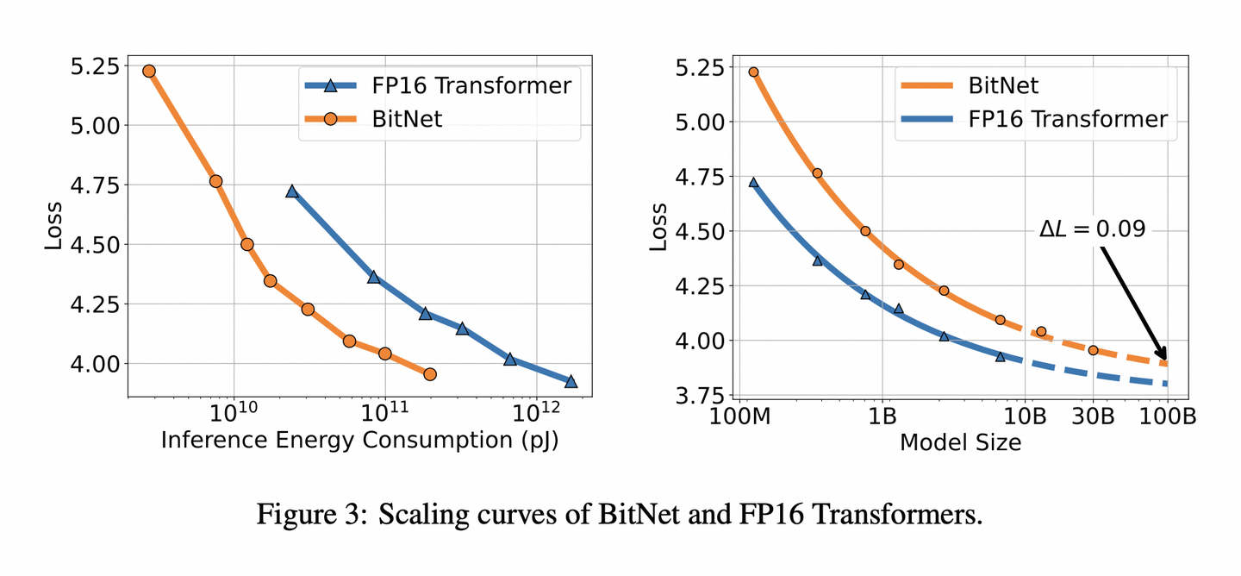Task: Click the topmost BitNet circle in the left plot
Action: click(149, 71)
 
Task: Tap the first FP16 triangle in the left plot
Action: click(292, 191)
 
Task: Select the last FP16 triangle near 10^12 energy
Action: click(571, 381)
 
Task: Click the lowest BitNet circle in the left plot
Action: click(430, 374)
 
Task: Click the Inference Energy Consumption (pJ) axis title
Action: click(359, 441)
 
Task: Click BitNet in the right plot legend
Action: click(1003, 85)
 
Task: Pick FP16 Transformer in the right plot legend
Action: click(1068, 119)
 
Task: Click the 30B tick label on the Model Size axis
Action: click(1093, 416)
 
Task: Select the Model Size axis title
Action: click(960, 442)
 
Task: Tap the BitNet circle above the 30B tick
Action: click(1093, 350)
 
